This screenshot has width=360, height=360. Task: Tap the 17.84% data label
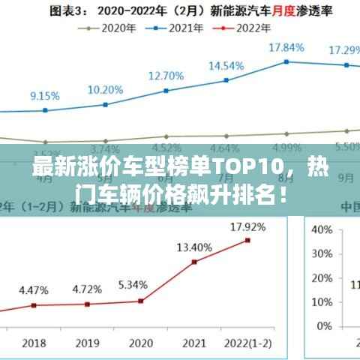(286, 47)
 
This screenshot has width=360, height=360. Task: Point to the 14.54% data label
(226, 65)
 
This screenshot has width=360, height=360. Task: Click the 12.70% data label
(166, 76)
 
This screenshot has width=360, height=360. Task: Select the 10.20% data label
(105, 89)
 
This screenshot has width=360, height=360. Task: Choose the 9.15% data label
(44, 96)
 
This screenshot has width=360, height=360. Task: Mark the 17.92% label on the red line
(247, 226)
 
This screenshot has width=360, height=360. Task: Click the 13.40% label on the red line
(194, 247)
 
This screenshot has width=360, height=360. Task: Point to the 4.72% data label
(87, 289)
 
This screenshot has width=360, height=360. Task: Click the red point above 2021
(194, 262)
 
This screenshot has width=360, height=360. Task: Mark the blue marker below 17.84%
(286, 61)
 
